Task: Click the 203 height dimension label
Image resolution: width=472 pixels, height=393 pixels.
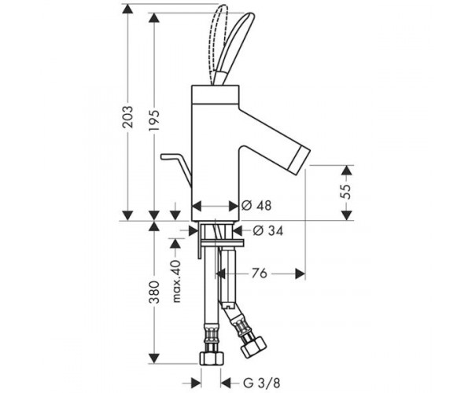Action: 127,116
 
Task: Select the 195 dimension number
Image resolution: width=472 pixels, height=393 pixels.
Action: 154,120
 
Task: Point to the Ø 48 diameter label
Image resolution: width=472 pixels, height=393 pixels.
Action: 256,206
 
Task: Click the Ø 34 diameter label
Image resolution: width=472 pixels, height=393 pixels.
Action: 268,230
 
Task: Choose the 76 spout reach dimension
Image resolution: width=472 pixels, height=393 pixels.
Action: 259,274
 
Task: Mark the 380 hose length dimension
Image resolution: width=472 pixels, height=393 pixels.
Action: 154,292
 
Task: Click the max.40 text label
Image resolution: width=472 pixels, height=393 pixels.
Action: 176,281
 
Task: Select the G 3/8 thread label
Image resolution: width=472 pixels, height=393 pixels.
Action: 262,383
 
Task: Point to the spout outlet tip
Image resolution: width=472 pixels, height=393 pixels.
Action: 300,157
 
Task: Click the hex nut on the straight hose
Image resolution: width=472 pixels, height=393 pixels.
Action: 212,358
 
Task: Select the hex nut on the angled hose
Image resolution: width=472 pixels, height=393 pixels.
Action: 253,347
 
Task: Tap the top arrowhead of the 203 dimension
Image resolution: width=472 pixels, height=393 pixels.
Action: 127,9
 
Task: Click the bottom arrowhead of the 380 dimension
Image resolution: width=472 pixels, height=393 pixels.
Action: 154,358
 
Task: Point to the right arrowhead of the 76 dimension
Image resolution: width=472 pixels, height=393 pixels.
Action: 301,274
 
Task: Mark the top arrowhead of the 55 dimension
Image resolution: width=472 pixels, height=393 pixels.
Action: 347,170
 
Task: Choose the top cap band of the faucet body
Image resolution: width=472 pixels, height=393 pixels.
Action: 216,95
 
